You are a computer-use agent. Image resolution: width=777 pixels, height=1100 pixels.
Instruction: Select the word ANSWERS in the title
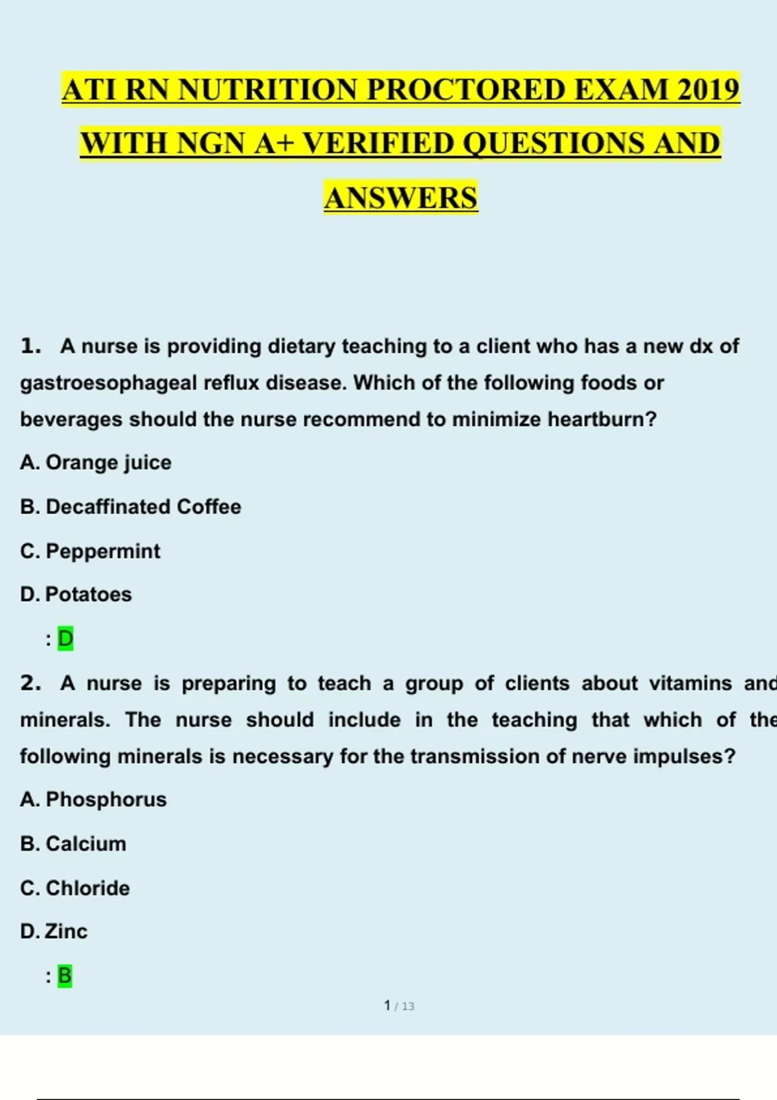pyautogui.click(x=401, y=198)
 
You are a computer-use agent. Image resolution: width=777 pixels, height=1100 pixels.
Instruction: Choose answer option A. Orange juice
pyautogui.click(x=96, y=463)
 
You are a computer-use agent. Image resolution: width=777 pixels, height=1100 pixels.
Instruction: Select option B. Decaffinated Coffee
pyautogui.click(x=130, y=507)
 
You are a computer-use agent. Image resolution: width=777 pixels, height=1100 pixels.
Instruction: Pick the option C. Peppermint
pyautogui.click(x=90, y=551)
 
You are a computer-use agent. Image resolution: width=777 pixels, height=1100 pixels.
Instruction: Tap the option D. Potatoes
pyautogui.click(x=76, y=595)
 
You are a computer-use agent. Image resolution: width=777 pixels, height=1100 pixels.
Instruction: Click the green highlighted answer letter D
pyautogui.click(x=65, y=639)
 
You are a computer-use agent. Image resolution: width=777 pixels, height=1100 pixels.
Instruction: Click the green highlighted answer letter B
pyautogui.click(x=65, y=976)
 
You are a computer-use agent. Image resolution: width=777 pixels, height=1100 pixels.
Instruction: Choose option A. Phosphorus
pyautogui.click(x=93, y=800)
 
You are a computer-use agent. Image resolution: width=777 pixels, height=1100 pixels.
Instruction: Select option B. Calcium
pyautogui.click(x=73, y=844)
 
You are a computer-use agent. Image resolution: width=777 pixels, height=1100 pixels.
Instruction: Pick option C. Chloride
pyautogui.click(x=74, y=888)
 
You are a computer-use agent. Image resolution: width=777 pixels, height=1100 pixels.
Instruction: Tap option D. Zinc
pyautogui.click(x=54, y=932)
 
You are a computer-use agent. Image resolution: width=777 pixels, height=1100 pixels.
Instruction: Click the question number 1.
pyautogui.click(x=30, y=346)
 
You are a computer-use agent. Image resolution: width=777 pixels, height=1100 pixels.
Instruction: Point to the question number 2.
pyautogui.click(x=30, y=683)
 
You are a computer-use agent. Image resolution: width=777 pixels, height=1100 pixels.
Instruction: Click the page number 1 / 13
pyautogui.click(x=399, y=1006)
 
